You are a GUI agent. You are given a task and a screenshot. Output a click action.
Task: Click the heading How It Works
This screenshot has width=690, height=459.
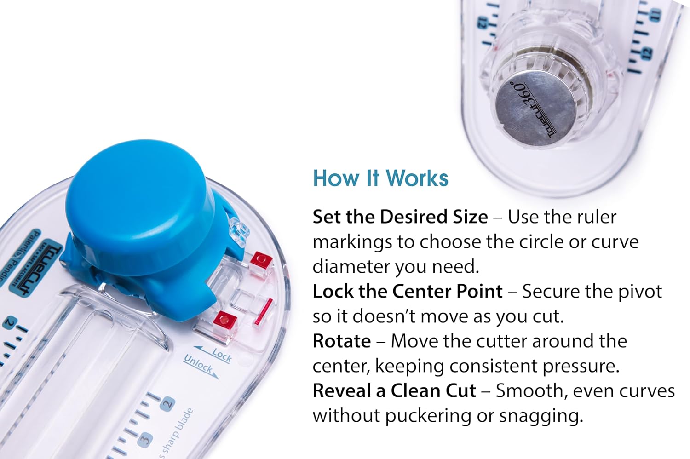pos(380,178)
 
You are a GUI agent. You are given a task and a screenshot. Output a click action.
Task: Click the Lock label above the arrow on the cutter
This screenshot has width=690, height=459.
pos(222,355)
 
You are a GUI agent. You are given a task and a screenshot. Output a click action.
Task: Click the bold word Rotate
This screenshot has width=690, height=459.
pos(341,341)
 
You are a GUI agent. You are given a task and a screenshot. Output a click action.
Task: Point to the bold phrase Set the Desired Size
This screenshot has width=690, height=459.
pos(400,217)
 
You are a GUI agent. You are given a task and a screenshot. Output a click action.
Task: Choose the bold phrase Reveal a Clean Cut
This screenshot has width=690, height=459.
pos(394,391)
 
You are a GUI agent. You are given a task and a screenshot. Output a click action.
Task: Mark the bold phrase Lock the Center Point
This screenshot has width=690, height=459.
pos(407,292)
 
